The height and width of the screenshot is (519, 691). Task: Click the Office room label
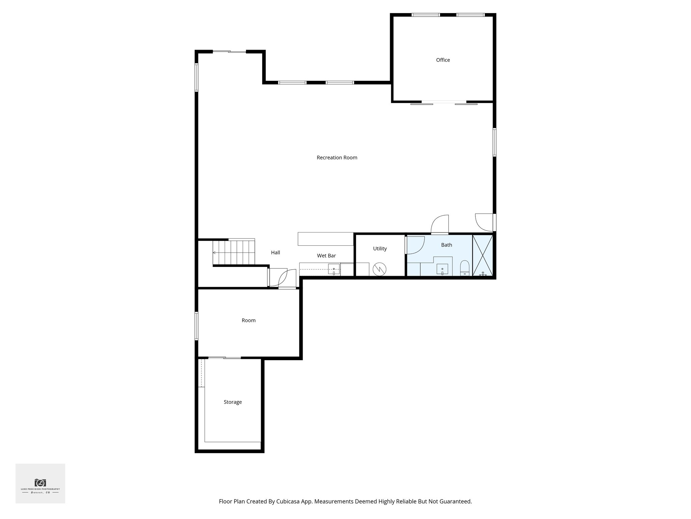(443, 60)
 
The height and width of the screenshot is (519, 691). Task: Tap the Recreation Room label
(337, 157)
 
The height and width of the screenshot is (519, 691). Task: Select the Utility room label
(380, 249)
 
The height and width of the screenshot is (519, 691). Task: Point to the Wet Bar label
(326, 256)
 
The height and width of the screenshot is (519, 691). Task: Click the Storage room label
(232, 402)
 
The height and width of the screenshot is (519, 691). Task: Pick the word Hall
(275, 252)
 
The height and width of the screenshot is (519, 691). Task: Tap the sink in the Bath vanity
(442, 270)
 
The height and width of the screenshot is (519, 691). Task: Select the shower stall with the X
(483, 255)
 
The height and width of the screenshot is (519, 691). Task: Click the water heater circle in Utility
(380, 269)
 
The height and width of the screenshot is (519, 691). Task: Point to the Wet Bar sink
(334, 270)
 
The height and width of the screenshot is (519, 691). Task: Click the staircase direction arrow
(214, 253)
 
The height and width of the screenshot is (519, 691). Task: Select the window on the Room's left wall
(196, 326)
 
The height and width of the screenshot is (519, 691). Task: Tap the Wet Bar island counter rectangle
(325, 239)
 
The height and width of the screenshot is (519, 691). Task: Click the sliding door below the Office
(444, 103)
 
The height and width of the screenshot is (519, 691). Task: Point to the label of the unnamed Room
(248, 320)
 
